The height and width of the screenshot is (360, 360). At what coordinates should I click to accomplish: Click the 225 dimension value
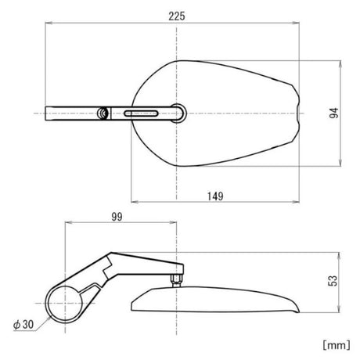[177, 16]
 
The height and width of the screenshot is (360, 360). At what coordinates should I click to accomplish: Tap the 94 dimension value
[334, 113]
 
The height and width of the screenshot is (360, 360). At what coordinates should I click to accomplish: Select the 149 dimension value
[215, 196]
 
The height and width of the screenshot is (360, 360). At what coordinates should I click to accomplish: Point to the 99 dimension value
[117, 217]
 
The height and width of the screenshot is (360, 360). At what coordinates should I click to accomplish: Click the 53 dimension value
[333, 281]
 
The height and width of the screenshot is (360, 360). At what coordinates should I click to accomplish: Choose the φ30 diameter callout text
[23, 325]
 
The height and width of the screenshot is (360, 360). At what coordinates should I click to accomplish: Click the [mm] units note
[337, 345]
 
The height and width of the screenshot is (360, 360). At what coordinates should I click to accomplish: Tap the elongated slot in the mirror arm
[141, 113]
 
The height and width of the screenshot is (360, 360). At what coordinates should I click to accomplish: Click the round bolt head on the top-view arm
[103, 113]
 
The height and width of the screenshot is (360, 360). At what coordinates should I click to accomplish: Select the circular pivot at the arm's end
[179, 113]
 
